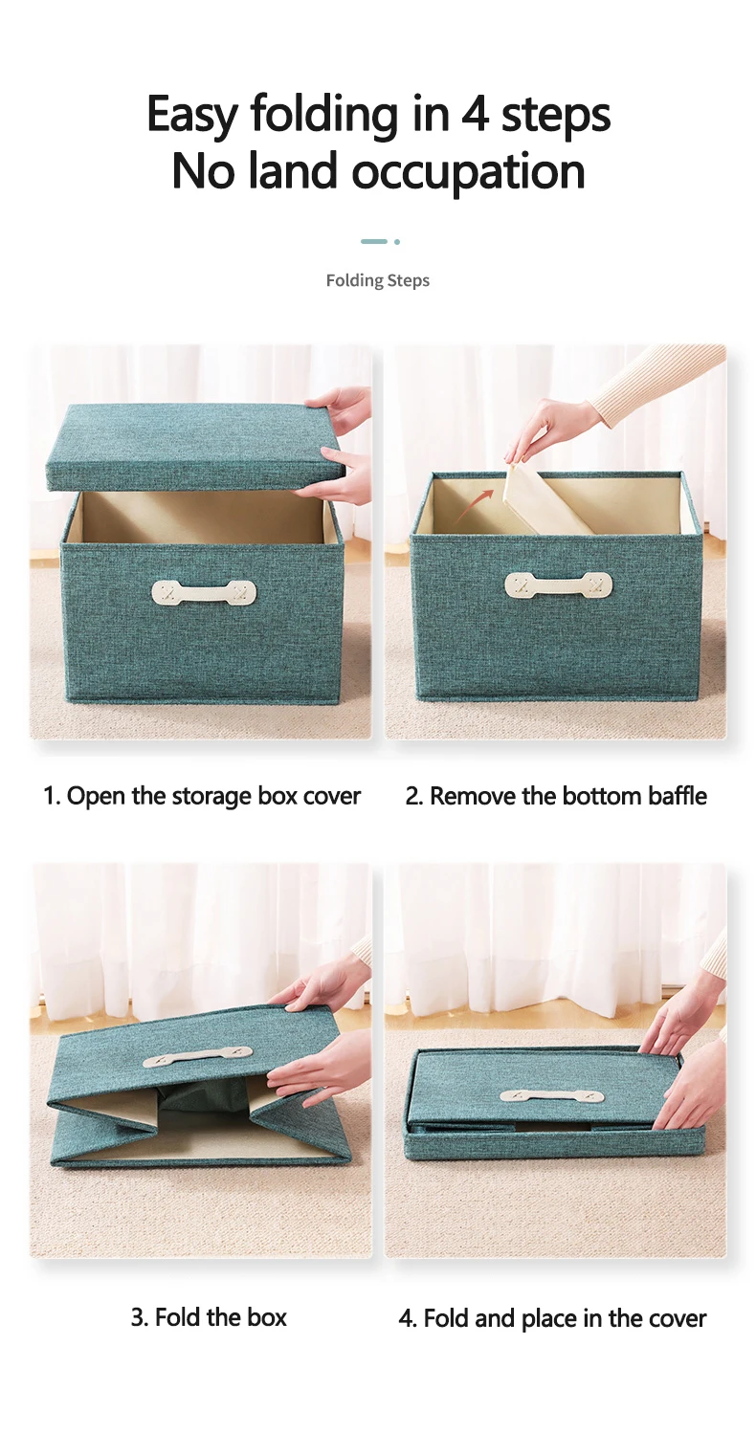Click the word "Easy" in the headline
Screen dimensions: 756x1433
tap(191, 115)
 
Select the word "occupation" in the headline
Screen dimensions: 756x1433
tap(468, 174)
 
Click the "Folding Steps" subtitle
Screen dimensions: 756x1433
tap(378, 280)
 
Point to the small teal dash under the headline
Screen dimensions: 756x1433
tap(374, 241)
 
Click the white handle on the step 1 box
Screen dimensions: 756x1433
tap(204, 592)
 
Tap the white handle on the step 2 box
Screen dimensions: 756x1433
tap(558, 584)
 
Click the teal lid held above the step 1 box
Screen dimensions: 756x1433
tap(196, 453)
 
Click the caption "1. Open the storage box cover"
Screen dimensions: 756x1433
tap(202, 797)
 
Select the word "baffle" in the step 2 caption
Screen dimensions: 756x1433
tap(678, 796)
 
